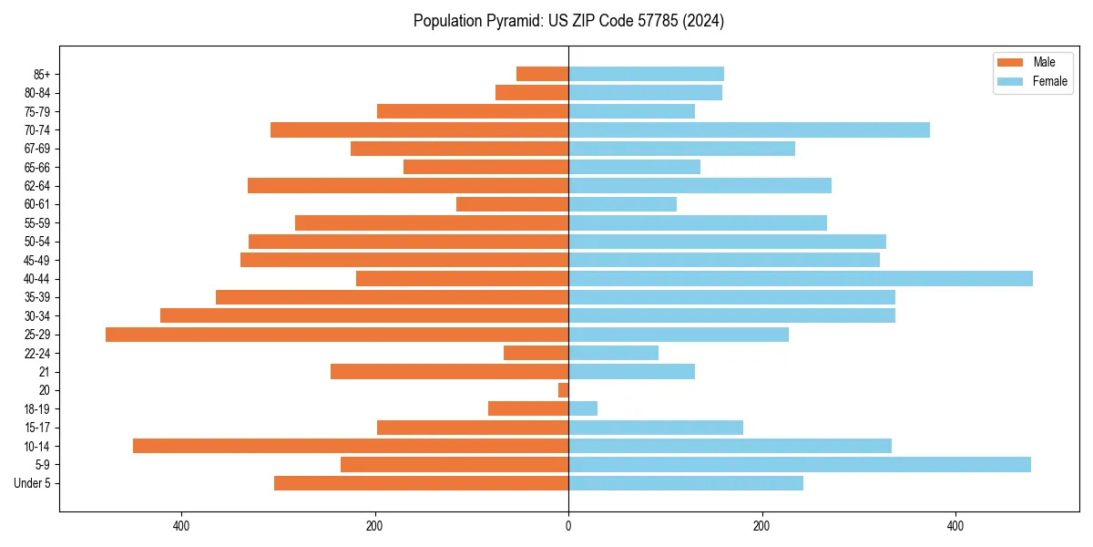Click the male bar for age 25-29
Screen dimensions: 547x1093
337,335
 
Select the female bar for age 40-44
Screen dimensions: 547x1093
801,279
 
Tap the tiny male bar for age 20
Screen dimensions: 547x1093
564,390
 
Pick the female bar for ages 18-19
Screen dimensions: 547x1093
583,408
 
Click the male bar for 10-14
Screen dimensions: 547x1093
351,446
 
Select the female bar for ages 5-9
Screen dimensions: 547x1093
800,465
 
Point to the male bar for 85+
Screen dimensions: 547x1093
543,74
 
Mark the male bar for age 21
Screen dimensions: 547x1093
450,372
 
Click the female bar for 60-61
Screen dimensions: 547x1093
623,204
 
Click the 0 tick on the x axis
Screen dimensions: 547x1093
568,526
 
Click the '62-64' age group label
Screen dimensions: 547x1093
37,186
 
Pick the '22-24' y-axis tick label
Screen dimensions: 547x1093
37,354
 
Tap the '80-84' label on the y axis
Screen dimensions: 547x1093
37,93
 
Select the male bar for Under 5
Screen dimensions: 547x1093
421,483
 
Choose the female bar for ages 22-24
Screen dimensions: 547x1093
613,353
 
